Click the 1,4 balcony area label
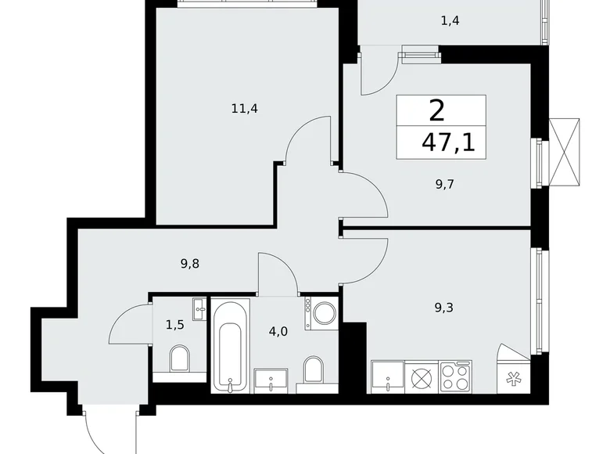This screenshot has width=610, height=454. click(x=449, y=21)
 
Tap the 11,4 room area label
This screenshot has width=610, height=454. click(x=244, y=109)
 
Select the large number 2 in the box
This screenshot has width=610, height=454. click(x=437, y=110)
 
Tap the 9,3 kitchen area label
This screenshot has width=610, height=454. click(x=444, y=308)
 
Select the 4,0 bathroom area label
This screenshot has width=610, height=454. click(x=278, y=331)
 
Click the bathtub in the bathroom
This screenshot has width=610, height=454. click(x=231, y=344)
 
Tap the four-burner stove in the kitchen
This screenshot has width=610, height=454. click(x=455, y=377)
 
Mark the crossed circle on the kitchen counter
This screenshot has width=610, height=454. click(x=422, y=377)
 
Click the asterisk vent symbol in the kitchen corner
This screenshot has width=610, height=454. click(x=514, y=377)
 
